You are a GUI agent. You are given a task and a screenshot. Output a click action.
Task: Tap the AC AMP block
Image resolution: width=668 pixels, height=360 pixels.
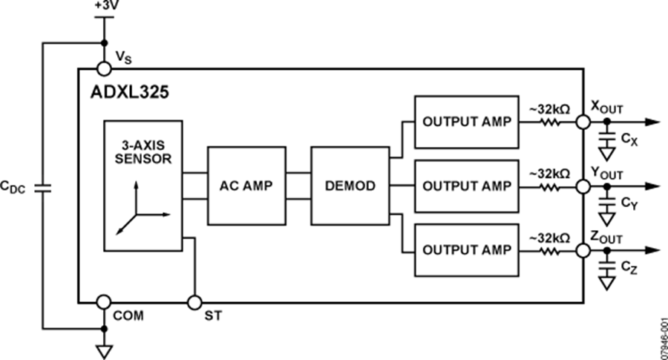coord(246,186)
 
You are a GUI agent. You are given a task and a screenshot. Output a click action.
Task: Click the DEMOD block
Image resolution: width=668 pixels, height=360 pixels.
coord(349,186)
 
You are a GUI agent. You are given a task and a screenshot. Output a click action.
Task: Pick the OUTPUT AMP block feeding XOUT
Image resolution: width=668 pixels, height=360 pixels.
coord(466,122)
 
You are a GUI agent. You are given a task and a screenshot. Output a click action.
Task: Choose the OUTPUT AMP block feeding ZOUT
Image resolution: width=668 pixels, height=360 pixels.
coord(466,250)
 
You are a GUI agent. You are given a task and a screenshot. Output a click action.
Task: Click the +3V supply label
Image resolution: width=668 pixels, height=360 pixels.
coord(105,7)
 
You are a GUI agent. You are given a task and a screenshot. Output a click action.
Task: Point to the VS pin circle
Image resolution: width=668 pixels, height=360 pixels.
coord(105,69)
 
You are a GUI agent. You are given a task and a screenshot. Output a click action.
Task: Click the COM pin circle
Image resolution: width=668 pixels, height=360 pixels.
coord(105,302)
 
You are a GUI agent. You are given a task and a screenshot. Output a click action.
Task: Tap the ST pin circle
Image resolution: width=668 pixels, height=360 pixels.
coord(194,302)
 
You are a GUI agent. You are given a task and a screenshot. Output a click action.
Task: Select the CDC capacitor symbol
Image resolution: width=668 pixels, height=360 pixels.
coord(42,186)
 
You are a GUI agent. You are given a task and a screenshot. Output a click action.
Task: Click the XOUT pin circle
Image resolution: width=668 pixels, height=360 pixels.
coord(584,122)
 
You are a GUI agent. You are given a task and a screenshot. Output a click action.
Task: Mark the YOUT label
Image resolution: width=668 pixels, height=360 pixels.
coord(606,173)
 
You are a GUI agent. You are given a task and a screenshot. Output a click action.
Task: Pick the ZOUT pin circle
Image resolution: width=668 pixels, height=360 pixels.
coord(584,250)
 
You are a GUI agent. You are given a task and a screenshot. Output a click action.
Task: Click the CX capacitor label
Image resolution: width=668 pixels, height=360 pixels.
coord(629,140)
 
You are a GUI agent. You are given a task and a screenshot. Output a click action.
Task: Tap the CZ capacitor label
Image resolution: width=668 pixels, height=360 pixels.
coord(629,267)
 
